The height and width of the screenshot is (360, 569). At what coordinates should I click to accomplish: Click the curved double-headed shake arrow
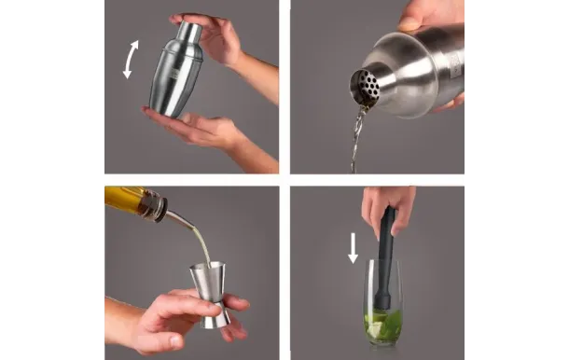point(132,59)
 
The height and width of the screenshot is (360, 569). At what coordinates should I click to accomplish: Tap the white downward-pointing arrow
point(354,246)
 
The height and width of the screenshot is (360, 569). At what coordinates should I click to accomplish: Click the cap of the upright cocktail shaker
point(188,34)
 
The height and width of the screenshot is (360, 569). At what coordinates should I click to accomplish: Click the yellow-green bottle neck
point(127,197)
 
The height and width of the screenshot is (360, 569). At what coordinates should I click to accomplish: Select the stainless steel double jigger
point(208,293)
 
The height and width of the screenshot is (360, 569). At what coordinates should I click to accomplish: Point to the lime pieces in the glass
point(382,326)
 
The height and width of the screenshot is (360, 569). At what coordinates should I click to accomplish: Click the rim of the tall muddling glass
point(383,263)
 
